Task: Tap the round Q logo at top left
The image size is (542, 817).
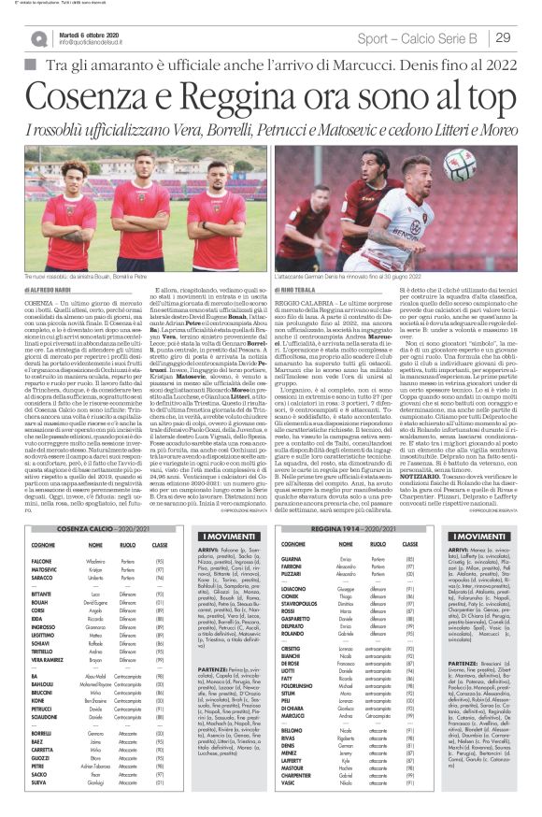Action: point(38,36)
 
